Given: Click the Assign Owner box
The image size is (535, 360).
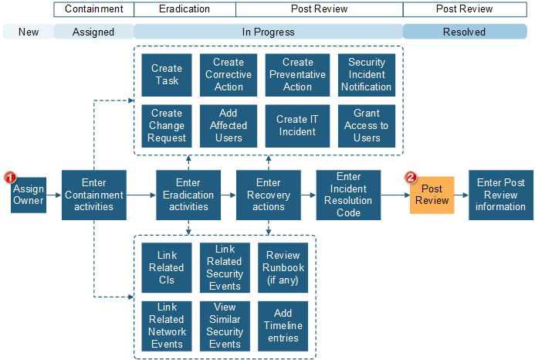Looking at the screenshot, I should tap(29, 195).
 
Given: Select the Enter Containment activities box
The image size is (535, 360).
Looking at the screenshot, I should tap(93, 195).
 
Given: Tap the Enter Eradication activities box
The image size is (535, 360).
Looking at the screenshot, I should tap(188, 195).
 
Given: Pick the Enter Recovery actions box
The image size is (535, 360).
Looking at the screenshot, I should tap(268, 195).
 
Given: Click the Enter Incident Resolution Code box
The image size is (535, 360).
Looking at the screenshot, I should tap(348, 195).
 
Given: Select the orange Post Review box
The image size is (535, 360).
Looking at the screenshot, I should tap(432, 195).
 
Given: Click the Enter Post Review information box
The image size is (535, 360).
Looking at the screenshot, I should tap(500, 195).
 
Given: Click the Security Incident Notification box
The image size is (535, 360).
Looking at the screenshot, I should tap(366, 75).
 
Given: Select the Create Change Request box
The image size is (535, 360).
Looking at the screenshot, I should tap(168, 126).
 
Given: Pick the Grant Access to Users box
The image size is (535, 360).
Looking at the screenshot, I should tap(366, 126).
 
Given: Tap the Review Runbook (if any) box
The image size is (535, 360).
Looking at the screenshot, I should tap(283, 267).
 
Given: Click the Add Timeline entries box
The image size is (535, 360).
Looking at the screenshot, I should tap(283, 325).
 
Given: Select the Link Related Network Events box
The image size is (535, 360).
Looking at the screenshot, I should tap(167, 325).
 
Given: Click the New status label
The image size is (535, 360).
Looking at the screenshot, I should tap(29, 32).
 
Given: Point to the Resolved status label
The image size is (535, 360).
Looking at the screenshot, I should tap(464, 32).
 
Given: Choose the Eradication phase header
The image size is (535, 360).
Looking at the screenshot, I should tap(185, 9).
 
